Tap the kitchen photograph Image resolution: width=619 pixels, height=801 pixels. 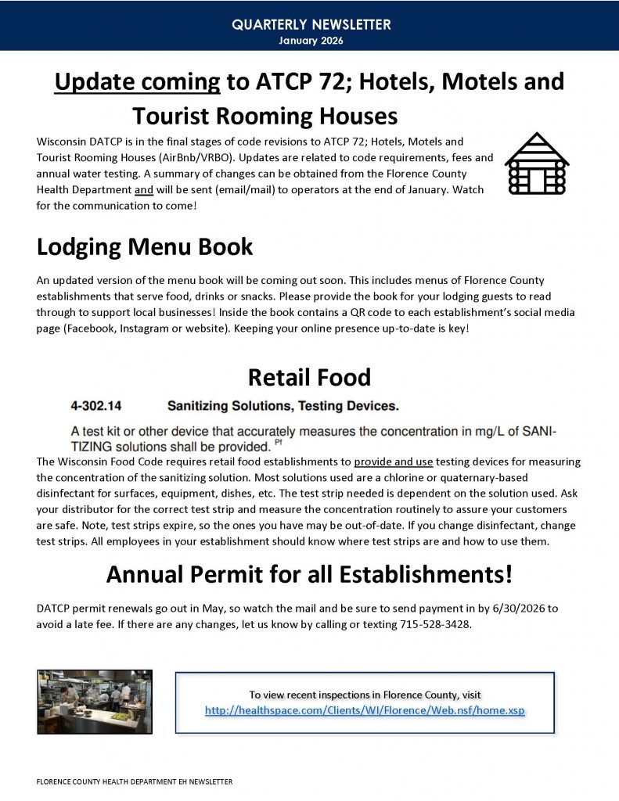[95, 700]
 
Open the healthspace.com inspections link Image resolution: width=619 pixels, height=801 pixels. [365, 711]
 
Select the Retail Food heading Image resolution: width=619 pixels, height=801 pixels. [309, 378]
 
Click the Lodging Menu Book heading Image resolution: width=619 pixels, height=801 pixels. [145, 247]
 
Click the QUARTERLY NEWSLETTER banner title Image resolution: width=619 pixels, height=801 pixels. [311, 25]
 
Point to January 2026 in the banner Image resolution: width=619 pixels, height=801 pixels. [311, 40]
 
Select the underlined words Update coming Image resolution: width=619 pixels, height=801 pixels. [138, 81]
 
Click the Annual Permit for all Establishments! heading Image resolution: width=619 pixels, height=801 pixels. [309, 575]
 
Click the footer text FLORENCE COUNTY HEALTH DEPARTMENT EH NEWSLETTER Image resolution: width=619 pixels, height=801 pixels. [135, 781]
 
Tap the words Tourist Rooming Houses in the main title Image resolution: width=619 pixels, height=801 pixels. [265, 117]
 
